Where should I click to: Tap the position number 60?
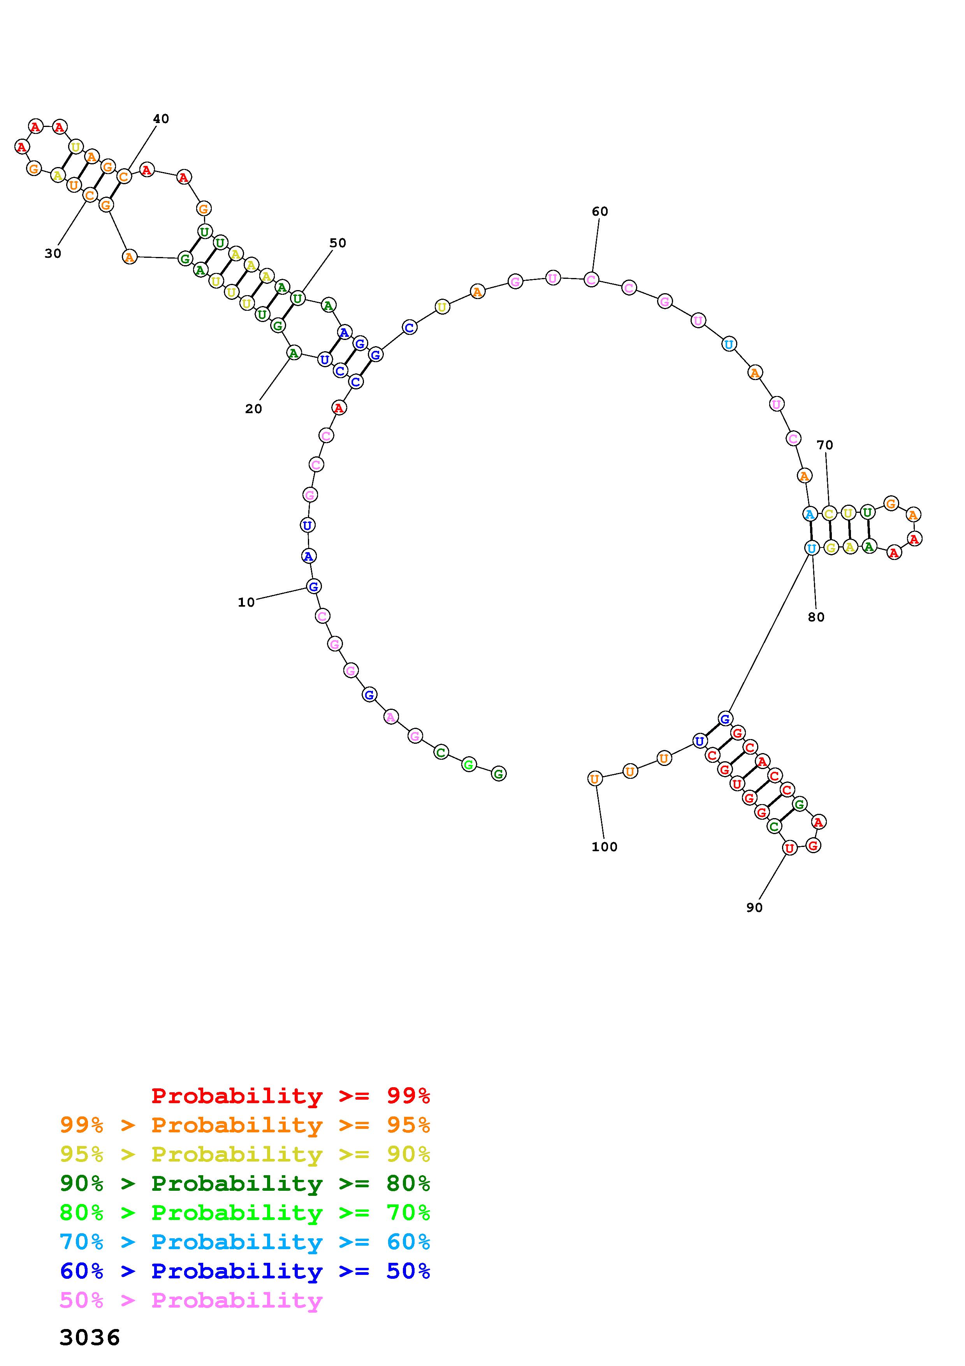[600, 211]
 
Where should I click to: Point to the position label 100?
[605, 847]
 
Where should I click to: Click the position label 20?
[254, 409]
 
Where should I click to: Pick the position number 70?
[825, 444]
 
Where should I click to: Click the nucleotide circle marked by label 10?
[314, 586]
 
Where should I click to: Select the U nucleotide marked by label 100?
[594, 778]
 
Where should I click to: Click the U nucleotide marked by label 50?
[298, 298]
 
